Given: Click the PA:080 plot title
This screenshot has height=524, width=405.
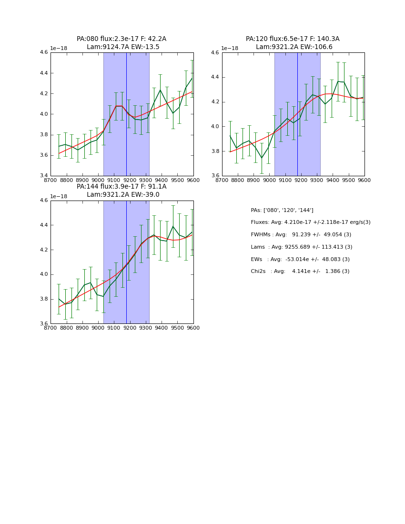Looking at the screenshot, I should click(x=121, y=39).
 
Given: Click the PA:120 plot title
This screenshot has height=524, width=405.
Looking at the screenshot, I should click(x=293, y=39).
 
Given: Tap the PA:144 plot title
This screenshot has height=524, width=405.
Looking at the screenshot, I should click(x=121, y=187).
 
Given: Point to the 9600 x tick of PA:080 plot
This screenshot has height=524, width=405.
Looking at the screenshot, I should click(x=193, y=181).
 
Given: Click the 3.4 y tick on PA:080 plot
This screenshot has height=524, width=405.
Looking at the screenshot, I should click(x=44, y=176).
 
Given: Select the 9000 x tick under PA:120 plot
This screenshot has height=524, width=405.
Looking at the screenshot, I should click(x=269, y=181).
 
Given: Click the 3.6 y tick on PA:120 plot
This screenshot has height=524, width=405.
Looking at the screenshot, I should click(x=215, y=176).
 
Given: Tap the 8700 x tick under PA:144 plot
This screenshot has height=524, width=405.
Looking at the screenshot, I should click(x=51, y=328).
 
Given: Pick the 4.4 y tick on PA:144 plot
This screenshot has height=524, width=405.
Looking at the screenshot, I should click(x=44, y=225).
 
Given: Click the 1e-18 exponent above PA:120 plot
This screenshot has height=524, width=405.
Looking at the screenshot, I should click(x=230, y=48).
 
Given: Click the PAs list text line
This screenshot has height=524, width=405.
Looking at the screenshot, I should click(x=282, y=210).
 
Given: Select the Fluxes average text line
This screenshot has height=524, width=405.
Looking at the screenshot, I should click(x=311, y=222).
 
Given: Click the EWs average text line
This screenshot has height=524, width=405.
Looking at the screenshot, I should click(x=300, y=259).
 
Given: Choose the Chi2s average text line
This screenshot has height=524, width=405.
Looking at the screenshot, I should click(x=300, y=272).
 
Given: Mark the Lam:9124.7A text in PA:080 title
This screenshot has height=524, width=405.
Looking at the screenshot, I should click(x=105, y=47).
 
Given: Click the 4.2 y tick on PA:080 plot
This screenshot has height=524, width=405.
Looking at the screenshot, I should click(x=44, y=94).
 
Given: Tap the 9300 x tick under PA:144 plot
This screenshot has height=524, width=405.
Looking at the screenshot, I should click(x=145, y=328).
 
